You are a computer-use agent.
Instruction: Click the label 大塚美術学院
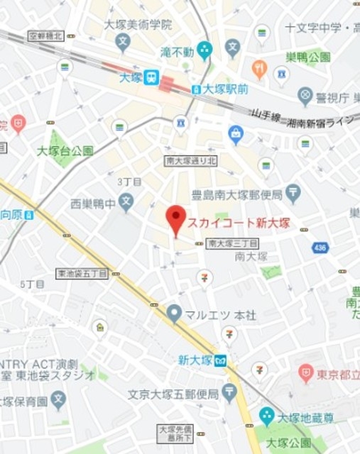(138, 25)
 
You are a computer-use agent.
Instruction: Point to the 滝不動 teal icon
(204, 50)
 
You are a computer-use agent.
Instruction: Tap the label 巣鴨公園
(309, 57)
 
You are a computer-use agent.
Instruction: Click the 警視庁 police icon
(305, 94)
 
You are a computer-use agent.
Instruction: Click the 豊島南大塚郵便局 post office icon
(293, 192)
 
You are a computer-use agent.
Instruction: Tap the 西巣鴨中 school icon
(126, 202)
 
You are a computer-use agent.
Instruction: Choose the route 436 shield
(321, 248)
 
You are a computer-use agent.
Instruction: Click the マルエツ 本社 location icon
(175, 311)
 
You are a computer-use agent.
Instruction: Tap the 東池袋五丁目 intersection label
(82, 272)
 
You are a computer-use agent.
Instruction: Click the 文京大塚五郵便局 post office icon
(229, 390)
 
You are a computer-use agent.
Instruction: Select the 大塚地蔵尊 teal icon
(266, 414)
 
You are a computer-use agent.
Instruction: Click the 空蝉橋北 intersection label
(46, 35)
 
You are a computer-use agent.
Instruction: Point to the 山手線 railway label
(266, 116)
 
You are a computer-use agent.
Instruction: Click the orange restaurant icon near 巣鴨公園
(259, 69)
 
